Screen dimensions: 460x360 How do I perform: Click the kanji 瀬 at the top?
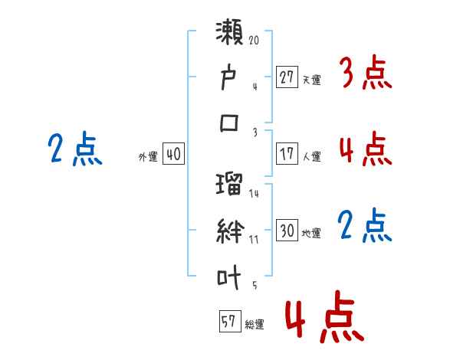pyautogui.click(x=229, y=32)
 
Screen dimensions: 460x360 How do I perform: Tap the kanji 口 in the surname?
pyautogui.click(x=229, y=123)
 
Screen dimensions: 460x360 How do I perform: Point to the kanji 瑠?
pyautogui.click(x=229, y=184)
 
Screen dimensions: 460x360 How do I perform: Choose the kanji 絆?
pyautogui.click(x=230, y=231)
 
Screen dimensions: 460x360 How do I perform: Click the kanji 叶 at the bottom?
pyautogui.click(x=228, y=277)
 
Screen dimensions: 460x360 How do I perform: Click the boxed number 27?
pyautogui.click(x=287, y=77)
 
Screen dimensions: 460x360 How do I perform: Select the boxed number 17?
pyautogui.click(x=287, y=154)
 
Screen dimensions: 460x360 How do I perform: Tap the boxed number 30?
pyautogui.click(x=287, y=230)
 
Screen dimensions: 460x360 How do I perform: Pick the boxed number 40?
pyautogui.click(x=173, y=154)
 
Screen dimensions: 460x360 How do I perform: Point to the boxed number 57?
pyautogui.click(x=230, y=321)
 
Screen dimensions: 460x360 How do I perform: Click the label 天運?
pyautogui.click(x=312, y=80)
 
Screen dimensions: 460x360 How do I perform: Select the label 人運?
pyautogui.click(x=312, y=156)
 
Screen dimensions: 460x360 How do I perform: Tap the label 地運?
pyautogui.click(x=311, y=233)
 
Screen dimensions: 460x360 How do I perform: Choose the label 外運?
pyautogui.click(x=148, y=156)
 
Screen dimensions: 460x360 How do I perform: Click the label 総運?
pyautogui.click(x=255, y=325)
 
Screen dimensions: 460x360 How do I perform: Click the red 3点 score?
pyautogui.click(x=366, y=73)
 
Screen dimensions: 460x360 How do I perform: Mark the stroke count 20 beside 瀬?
pyautogui.click(x=254, y=40)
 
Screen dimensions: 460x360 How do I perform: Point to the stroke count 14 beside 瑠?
pyautogui.click(x=254, y=193)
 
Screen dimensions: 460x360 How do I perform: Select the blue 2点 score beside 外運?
pyautogui.click(x=75, y=149)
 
